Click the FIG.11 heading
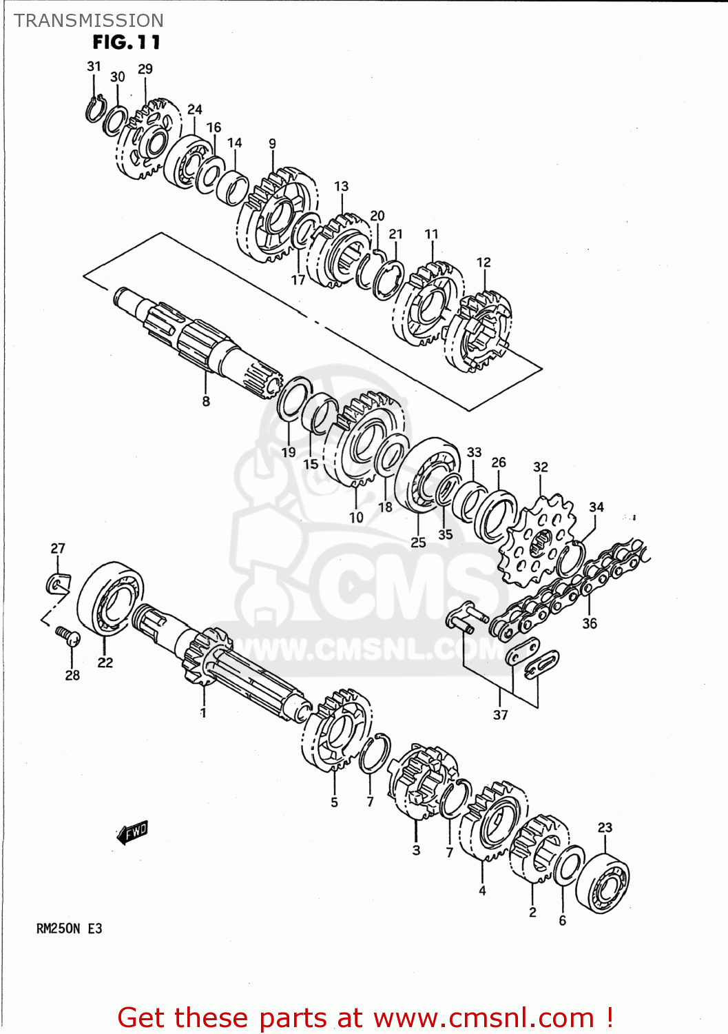[126, 43]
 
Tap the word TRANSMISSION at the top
[89, 21]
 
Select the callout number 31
[94, 66]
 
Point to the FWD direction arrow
[132, 832]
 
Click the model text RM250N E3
[69, 929]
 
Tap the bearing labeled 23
[603, 883]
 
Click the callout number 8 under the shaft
[206, 401]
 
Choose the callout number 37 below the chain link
[501, 715]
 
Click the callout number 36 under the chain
[590, 623]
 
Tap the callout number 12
[483, 263]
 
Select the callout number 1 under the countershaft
[203, 712]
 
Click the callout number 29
[145, 69]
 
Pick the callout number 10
[356, 517]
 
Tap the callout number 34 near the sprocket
[596, 507]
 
